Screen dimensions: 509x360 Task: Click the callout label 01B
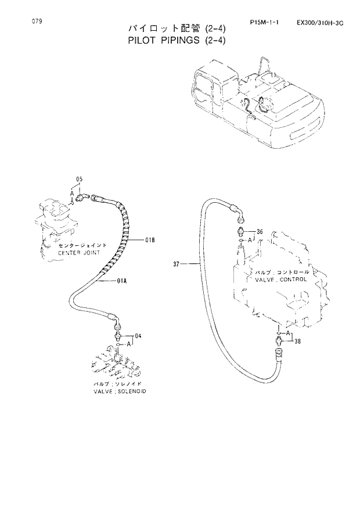[x=150, y=239]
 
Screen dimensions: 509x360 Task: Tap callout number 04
[x=138, y=335]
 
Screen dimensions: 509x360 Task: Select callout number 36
[x=260, y=232]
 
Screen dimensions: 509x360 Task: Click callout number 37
[x=178, y=264]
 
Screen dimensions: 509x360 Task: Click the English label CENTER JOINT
[x=79, y=253]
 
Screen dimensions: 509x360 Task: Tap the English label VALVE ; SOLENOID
[x=120, y=392]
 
